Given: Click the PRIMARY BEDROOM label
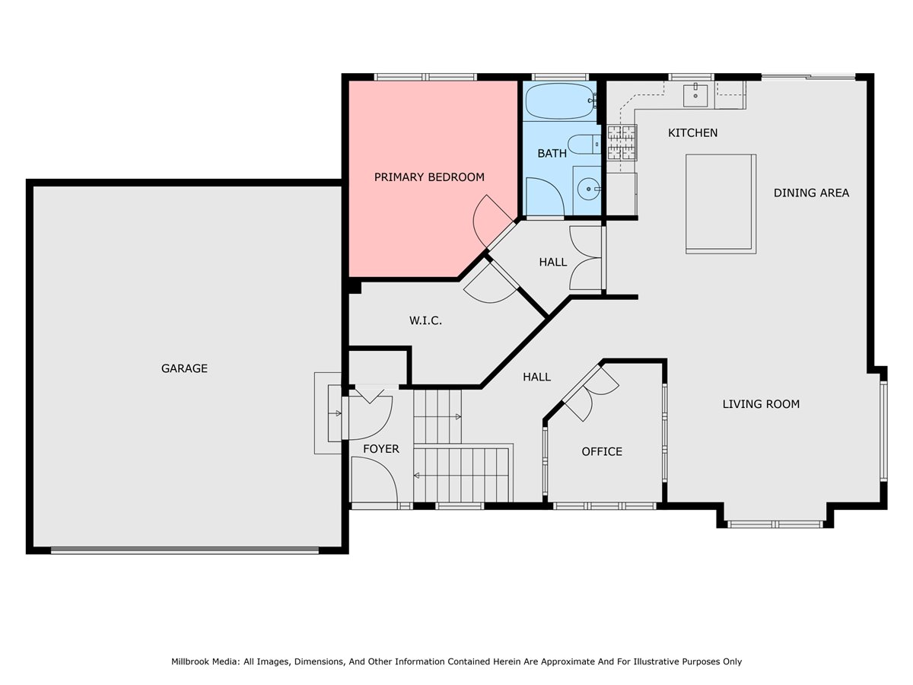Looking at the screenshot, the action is coord(429,177).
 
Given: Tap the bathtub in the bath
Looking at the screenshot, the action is coord(561,101).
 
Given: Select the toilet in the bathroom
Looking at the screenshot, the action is coord(584,145).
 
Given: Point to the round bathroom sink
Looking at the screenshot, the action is coord(589,190).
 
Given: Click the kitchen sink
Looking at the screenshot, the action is coord(695,95).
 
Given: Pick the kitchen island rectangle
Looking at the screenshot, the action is coord(721,204).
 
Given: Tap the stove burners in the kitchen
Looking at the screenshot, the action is coord(622,142).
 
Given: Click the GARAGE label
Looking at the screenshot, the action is coord(184,368).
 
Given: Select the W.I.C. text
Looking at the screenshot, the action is coord(425,320).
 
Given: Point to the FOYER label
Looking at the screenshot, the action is coord(381,449).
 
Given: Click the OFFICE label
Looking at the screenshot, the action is coord(602,451).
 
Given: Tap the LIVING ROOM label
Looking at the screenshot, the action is coord(761,404).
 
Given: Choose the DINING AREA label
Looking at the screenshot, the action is coord(811,193).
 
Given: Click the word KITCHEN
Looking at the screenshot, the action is coord(692,132).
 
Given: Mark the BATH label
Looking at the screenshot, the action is coord(552,154).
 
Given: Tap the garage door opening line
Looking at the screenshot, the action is coord(185,550).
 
